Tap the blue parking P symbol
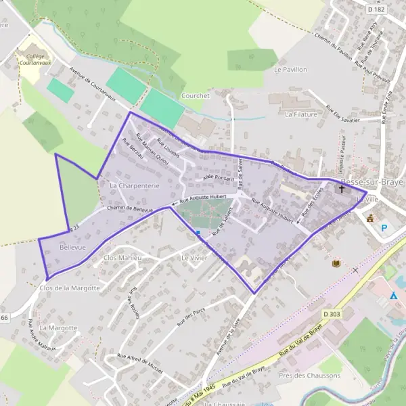(384, 228)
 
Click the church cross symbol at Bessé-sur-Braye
(342, 189)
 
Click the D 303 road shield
(331, 314)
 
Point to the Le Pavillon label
(291, 70)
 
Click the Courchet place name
(196, 96)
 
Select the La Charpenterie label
(134, 185)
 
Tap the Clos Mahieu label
(122, 258)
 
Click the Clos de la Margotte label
(70, 288)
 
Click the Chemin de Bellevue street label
(131, 209)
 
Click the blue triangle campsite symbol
(394, 296)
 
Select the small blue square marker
(198, 233)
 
